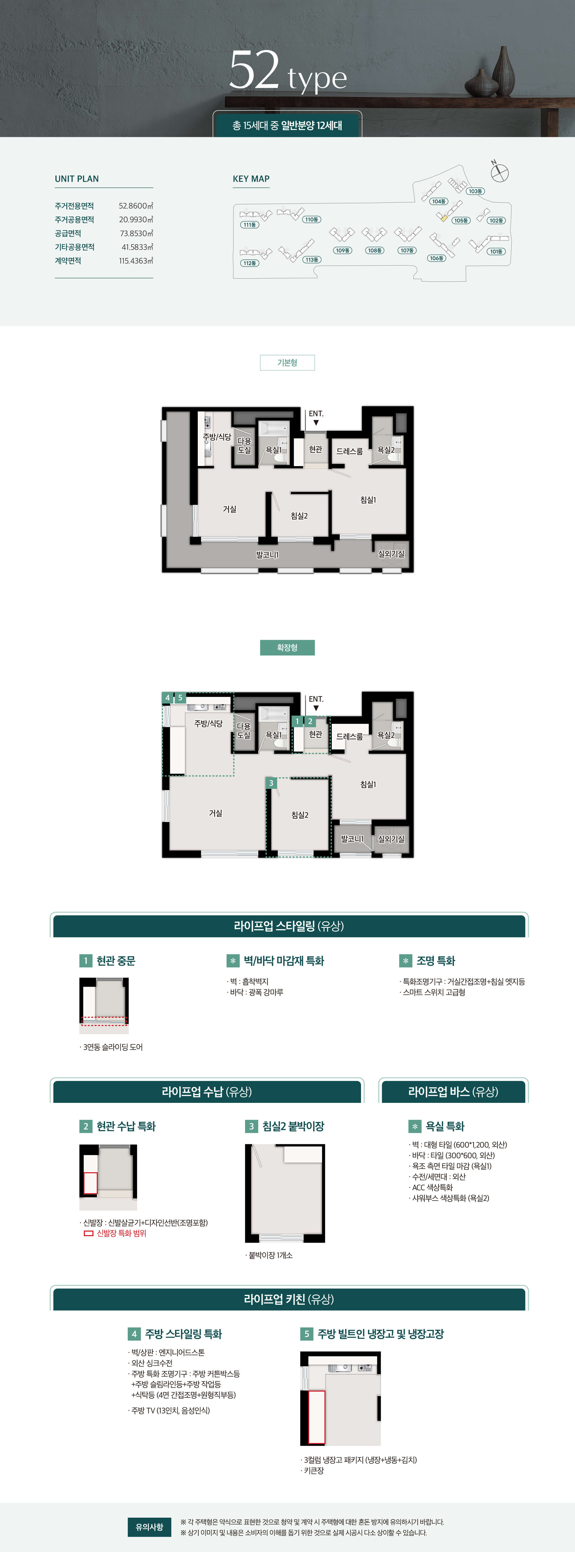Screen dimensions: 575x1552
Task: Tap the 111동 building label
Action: [249, 225]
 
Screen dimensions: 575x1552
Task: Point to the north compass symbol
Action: [499, 172]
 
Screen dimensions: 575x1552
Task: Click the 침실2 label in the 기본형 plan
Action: [299, 516]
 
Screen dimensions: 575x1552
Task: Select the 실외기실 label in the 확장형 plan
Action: [391, 839]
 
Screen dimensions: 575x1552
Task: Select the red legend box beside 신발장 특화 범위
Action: [89, 1233]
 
